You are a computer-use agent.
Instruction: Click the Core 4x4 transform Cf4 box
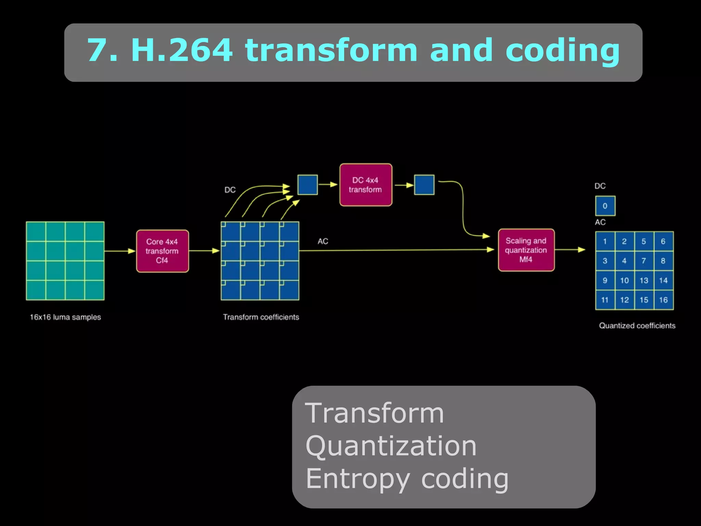pyautogui.click(x=162, y=251)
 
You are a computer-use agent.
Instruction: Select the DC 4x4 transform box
pyautogui.click(x=366, y=185)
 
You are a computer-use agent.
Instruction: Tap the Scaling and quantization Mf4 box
pyautogui.click(x=526, y=250)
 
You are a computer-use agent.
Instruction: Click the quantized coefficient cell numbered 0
pyautogui.click(x=605, y=206)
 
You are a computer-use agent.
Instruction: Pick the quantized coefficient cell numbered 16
pyautogui.click(x=663, y=300)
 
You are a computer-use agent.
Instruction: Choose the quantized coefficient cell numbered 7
pyautogui.click(x=644, y=261)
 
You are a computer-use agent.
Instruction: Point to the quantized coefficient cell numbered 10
pyautogui.click(x=624, y=280)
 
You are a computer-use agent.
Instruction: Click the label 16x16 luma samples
pyautogui.click(x=65, y=317)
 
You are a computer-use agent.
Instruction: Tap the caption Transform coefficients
pyautogui.click(x=261, y=317)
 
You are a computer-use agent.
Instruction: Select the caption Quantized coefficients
pyautogui.click(x=637, y=326)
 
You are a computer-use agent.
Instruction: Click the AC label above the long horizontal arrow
pyautogui.click(x=323, y=241)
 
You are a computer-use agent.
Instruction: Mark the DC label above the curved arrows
pyautogui.click(x=230, y=190)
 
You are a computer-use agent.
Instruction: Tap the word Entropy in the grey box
pyautogui.click(x=357, y=479)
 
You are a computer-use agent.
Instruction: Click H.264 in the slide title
pyautogui.click(x=182, y=50)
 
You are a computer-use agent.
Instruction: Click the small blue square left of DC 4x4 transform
pyautogui.click(x=307, y=185)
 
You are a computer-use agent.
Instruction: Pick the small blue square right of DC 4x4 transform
pyautogui.click(x=424, y=185)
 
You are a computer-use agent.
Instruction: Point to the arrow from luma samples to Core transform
pyautogui.click(x=120, y=251)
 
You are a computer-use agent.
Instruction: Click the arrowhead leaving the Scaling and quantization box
pyautogui.click(x=581, y=250)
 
